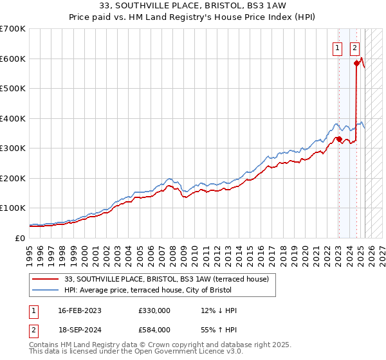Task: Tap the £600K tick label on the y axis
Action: click(x=13, y=59)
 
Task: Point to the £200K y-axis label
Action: click(x=13, y=178)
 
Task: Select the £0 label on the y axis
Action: click(x=21, y=238)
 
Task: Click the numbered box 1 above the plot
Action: click(x=338, y=46)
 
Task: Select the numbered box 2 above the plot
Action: click(x=354, y=46)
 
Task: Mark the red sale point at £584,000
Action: click(x=356, y=63)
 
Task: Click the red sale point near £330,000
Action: click(x=339, y=139)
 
